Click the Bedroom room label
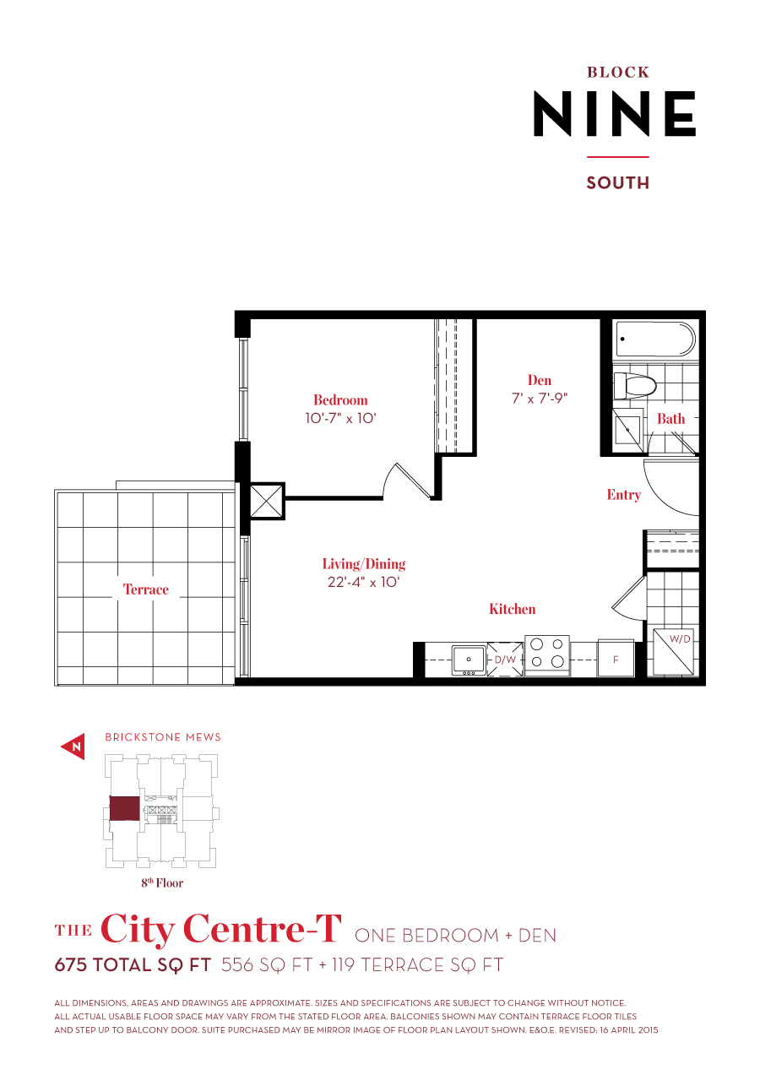tap(340, 400)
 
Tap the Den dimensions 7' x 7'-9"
tap(540, 399)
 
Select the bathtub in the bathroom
tap(654, 339)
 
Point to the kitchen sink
tap(468, 659)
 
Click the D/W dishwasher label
tap(505, 659)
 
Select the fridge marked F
tap(616, 659)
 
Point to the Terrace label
tap(146, 589)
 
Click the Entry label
tap(623, 495)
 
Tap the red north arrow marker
tap(73, 747)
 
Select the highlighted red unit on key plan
tap(124, 808)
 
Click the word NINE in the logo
tap(614, 114)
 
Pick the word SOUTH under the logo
tap(617, 183)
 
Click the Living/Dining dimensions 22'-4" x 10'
tap(364, 582)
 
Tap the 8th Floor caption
tap(162, 883)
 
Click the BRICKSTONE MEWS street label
tap(163, 737)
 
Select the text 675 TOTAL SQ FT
tap(133, 965)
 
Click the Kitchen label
tap(512, 609)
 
